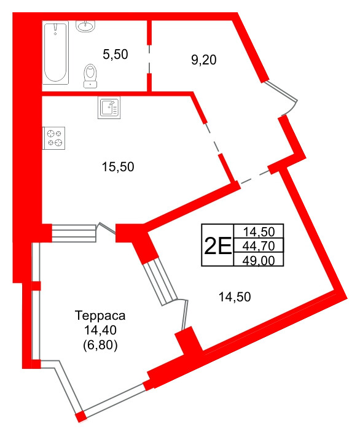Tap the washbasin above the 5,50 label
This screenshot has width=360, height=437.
[x=85, y=26]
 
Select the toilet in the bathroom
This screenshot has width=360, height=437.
[x=91, y=75]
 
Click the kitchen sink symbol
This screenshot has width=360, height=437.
[x=110, y=107]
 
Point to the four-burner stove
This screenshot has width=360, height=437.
[x=53, y=138]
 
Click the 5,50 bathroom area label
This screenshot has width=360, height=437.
[x=115, y=55]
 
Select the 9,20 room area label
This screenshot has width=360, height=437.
[x=204, y=60]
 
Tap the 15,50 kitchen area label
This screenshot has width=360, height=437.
[x=117, y=166]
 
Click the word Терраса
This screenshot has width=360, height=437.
[x=100, y=317]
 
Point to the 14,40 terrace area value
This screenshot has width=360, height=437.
[x=100, y=331]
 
